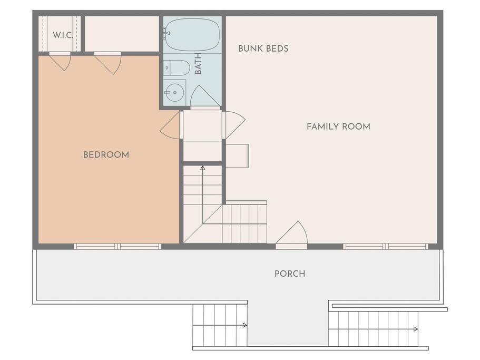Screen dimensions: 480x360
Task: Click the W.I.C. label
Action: coord(63,35)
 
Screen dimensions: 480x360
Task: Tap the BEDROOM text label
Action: coord(106,154)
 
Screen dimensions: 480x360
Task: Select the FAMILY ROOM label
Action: coord(338,127)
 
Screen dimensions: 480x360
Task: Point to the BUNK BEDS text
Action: coord(263,48)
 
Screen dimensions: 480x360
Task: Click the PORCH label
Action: coord(290,274)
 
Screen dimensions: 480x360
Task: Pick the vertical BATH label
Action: coord(198,64)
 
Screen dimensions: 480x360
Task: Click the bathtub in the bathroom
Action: coord(192,35)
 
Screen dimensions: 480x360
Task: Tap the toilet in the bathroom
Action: coord(177,68)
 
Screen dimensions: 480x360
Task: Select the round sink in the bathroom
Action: coord(174,92)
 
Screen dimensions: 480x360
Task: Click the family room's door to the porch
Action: coord(292,234)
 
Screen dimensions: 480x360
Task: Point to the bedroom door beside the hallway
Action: coord(170,125)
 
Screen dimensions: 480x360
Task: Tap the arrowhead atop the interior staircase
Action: coord(202,168)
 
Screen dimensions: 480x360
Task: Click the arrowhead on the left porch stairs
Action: coord(244,325)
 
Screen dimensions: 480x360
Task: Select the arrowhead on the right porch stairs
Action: coord(415,329)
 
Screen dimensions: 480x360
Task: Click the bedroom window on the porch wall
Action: coord(117,247)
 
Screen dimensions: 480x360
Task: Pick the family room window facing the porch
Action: coord(386,247)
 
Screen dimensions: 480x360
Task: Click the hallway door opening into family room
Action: coord(233,125)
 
